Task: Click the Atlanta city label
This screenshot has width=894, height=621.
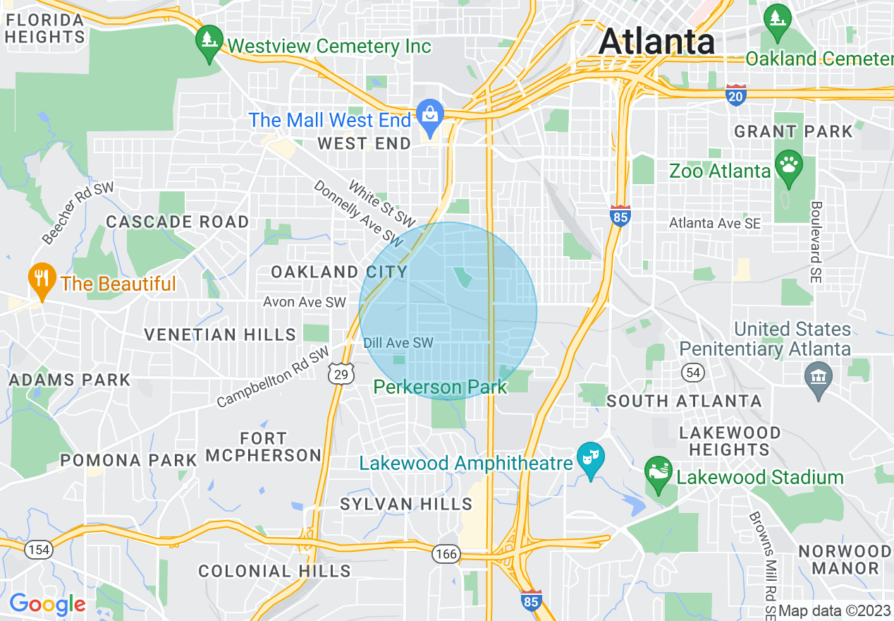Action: [656, 42]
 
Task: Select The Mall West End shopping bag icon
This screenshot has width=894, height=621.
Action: [429, 114]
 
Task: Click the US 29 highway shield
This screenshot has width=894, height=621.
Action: [341, 374]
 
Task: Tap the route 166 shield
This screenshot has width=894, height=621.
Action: [446, 554]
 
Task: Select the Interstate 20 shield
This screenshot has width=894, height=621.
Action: [736, 95]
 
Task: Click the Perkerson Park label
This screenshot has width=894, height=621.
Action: [440, 387]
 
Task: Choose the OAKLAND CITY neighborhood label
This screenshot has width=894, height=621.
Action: [339, 272]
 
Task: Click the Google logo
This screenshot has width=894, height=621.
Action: [47, 604]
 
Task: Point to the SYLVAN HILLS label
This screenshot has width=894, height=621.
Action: [406, 504]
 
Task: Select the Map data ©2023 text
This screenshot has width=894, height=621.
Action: [835, 611]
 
